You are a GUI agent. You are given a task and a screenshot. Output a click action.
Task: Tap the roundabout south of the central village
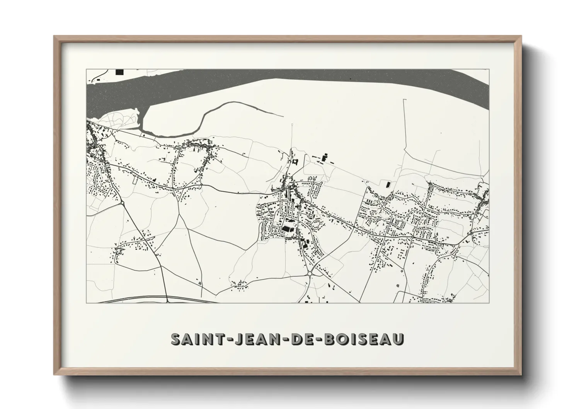pos(310,274)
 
